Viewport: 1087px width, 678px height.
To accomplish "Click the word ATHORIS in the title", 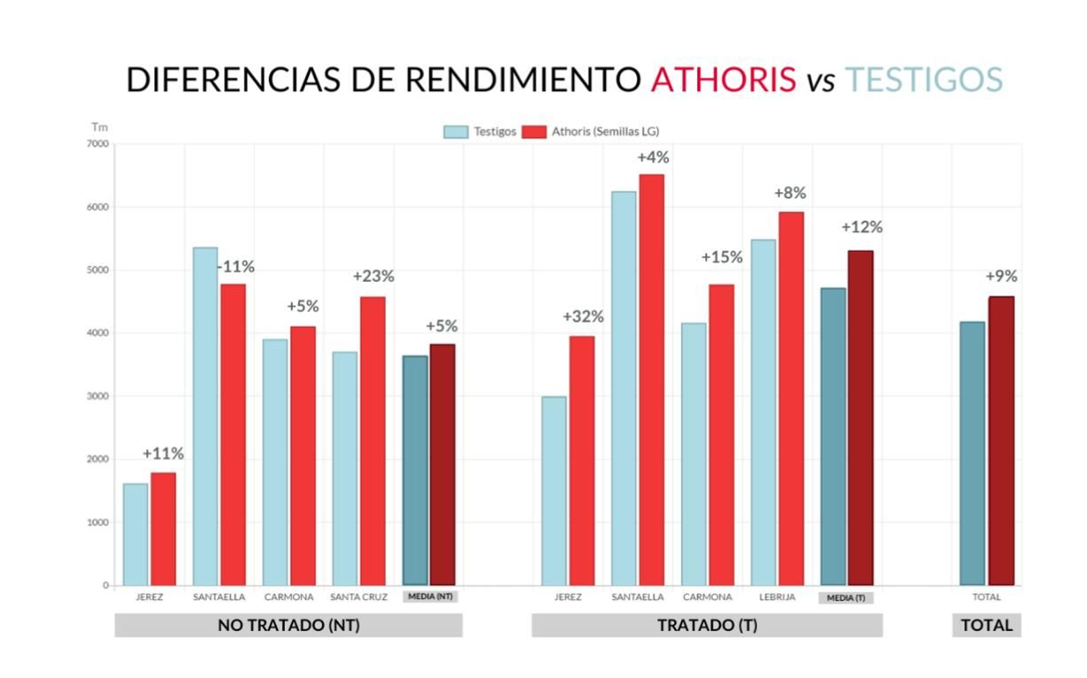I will pyautogui.click(x=723, y=80).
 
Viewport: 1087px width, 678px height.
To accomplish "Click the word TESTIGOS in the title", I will pyautogui.click(x=923, y=80).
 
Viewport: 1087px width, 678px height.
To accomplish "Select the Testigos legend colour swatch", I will pyautogui.click(x=455, y=132).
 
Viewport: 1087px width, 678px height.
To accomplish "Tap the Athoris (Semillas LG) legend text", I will pyautogui.click(x=605, y=132).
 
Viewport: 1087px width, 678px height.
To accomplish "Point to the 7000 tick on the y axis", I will pyautogui.click(x=97, y=144).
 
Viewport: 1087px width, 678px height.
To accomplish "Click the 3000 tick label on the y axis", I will pyautogui.click(x=97, y=396).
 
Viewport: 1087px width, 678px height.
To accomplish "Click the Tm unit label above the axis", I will pyautogui.click(x=99, y=127).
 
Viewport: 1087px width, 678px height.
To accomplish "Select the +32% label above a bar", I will pyautogui.click(x=583, y=316).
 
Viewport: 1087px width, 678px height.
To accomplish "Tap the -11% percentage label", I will pyautogui.click(x=236, y=267).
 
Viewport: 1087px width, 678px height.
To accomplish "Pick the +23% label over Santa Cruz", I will pyautogui.click(x=373, y=276).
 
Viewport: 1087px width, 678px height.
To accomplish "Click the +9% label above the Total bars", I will pyautogui.click(x=1001, y=276).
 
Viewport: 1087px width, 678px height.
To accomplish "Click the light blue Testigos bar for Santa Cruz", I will pyautogui.click(x=344, y=468).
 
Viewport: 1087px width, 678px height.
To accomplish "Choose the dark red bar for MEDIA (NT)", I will pyautogui.click(x=442, y=465).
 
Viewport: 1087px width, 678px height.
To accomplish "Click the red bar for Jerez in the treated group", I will pyautogui.click(x=582, y=461).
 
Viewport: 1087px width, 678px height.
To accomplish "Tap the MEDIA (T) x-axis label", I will pyautogui.click(x=846, y=598).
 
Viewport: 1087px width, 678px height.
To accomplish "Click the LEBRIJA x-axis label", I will pyautogui.click(x=777, y=597).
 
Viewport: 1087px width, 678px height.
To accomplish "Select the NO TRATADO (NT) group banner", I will pyautogui.click(x=289, y=625).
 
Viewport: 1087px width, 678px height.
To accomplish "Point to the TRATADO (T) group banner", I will pyautogui.click(x=707, y=625).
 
